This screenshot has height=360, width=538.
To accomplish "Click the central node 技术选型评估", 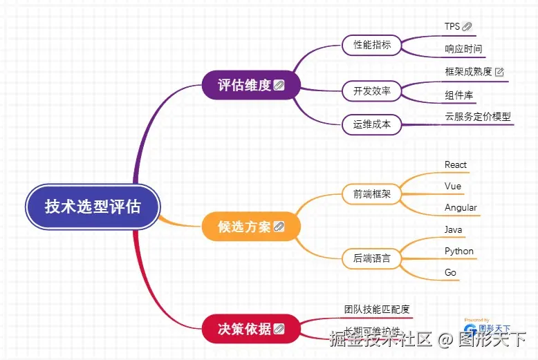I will (x=93, y=207).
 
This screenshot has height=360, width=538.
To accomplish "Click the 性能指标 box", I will (x=372, y=45).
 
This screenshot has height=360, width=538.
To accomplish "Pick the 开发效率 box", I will (x=372, y=91).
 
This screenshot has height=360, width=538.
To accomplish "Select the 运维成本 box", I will (x=372, y=124).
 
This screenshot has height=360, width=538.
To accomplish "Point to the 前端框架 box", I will (x=372, y=194).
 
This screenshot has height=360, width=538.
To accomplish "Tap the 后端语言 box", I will (x=372, y=258).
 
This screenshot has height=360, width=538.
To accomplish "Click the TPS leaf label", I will (x=452, y=26).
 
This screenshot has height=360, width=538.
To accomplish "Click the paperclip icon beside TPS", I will (x=467, y=26).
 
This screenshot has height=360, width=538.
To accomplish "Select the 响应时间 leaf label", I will (x=463, y=49).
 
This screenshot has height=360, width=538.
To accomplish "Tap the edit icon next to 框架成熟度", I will (x=499, y=71).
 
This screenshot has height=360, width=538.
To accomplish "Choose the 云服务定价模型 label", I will (x=478, y=116).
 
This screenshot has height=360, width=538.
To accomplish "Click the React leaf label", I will (x=456, y=164).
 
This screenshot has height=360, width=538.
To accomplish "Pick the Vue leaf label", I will (x=453, y=186).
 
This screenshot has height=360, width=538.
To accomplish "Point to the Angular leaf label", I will (x=461, y=207).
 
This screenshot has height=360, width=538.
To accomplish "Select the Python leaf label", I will (x=459, y=251).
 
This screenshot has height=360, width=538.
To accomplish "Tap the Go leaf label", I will (x=451, y=272).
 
